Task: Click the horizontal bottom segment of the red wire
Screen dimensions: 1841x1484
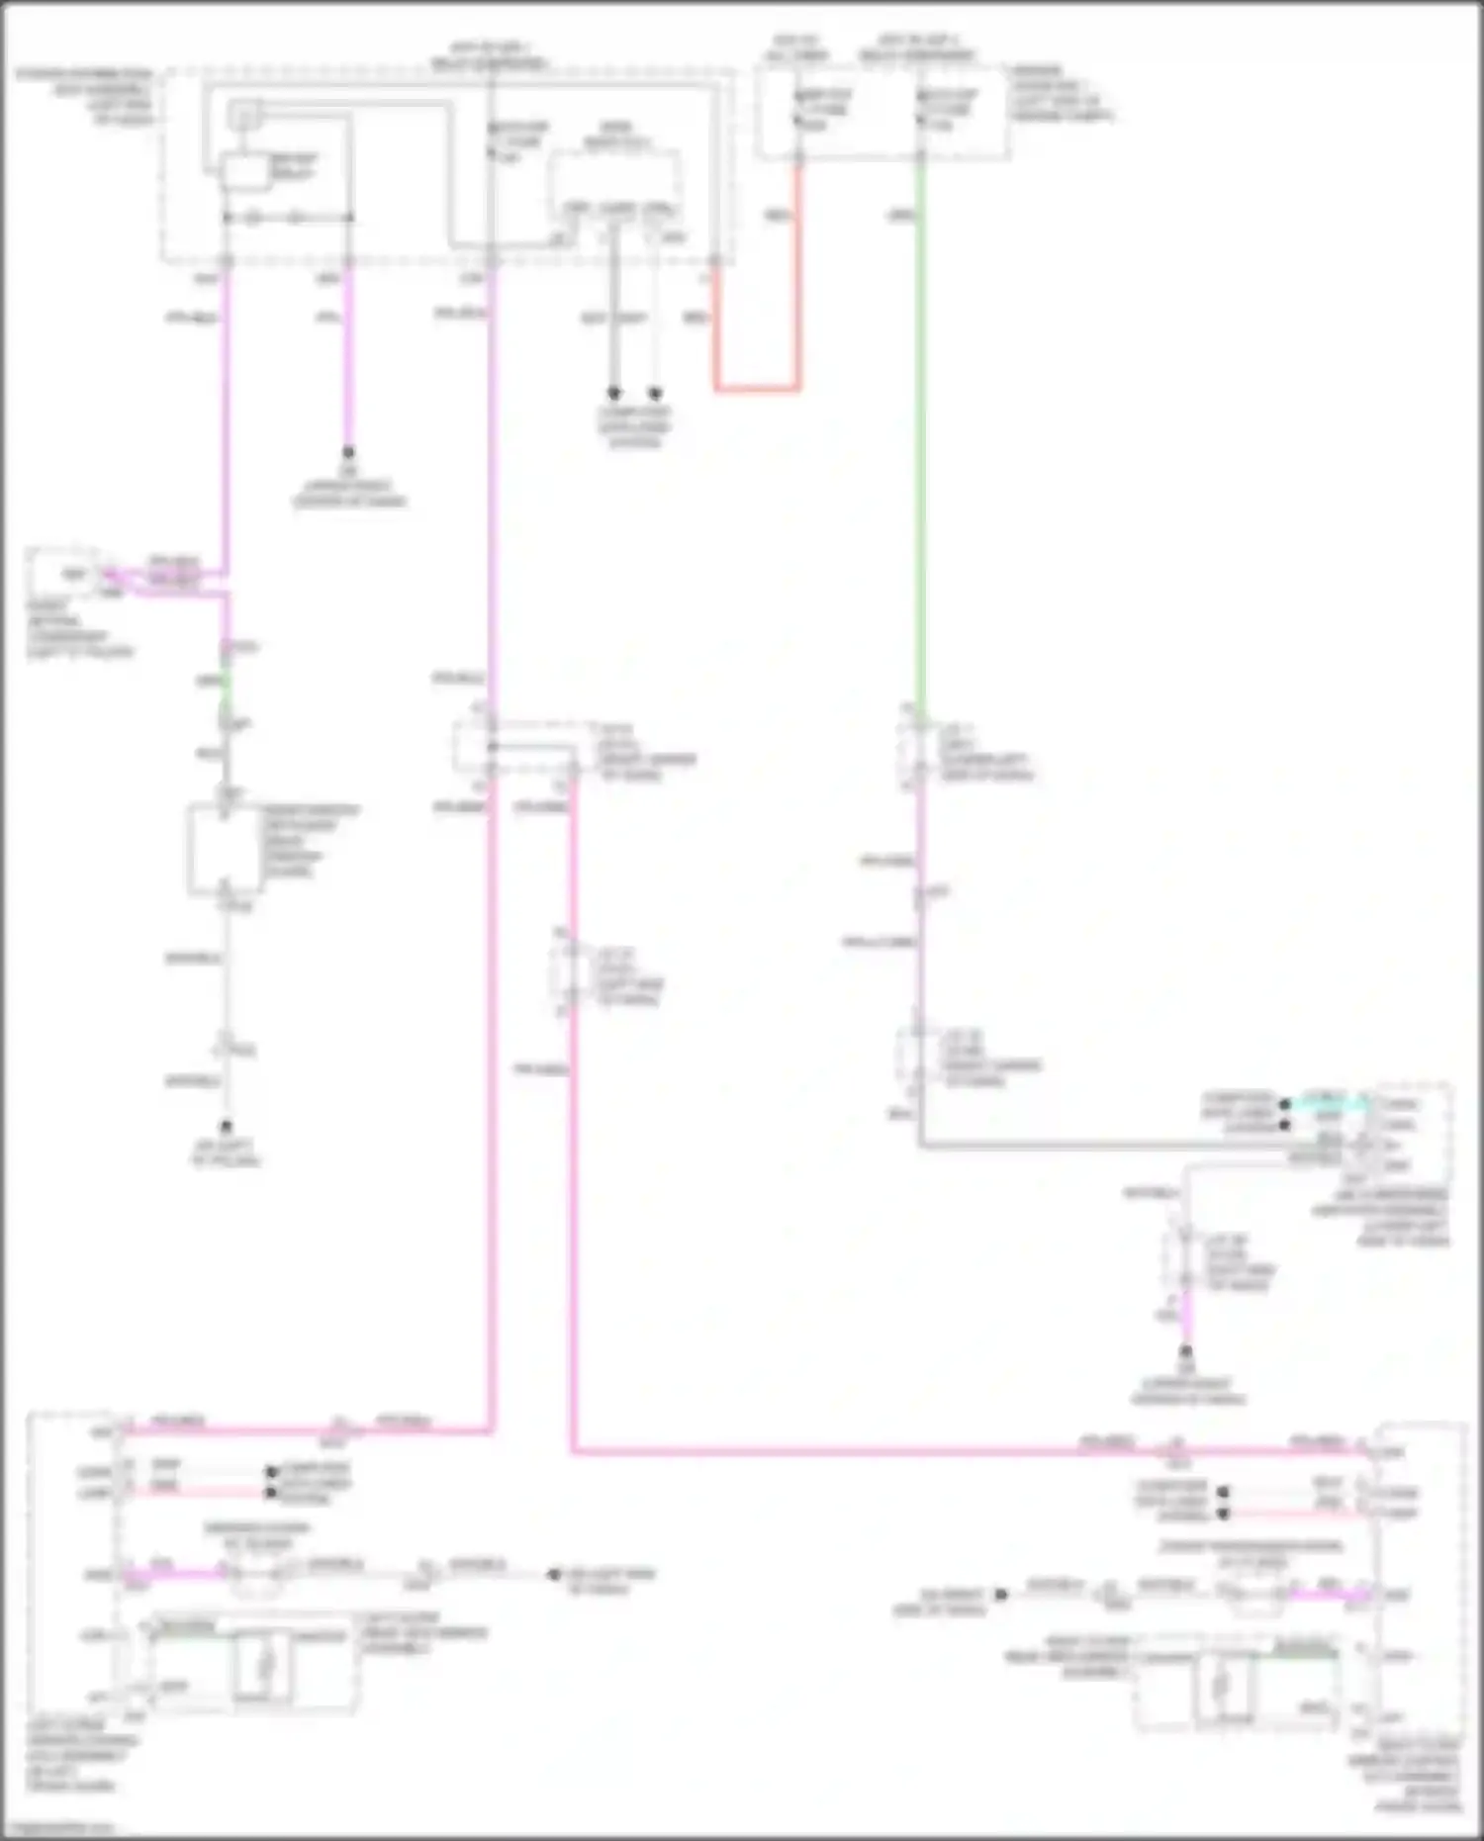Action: (x=757, y=388)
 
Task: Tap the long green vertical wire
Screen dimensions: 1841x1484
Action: (x=920, y=445)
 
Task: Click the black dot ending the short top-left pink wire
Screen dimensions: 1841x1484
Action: (x=348, y=452)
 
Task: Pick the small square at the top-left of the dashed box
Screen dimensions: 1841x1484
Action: (x=243, y=116)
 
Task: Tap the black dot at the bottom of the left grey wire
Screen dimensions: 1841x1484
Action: (x=226, y=1126)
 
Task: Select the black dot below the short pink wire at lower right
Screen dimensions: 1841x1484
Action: (x=1185, y=1350)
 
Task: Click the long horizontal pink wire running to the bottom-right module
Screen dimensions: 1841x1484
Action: (x=890, y=1452)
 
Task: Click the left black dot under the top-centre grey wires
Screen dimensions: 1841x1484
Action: (x=613, y=393)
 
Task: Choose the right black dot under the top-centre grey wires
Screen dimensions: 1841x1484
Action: (x=655, y=393)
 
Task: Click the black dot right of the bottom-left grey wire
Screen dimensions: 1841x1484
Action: (x=554, y=1574)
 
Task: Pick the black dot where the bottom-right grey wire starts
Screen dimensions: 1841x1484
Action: (x=1001, y=1594)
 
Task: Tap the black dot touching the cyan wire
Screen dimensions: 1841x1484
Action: (x=1284, y=1104)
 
